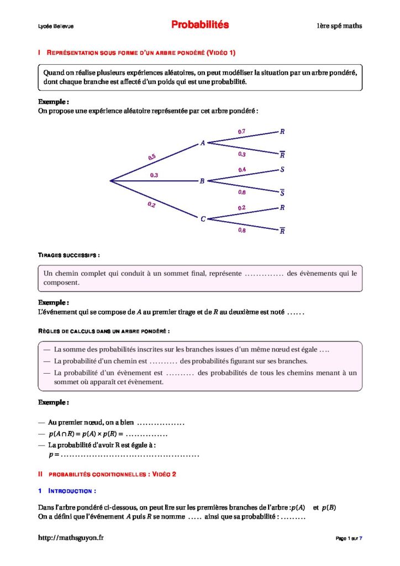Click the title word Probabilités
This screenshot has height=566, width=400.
pyautogui.click(x=199, y=25)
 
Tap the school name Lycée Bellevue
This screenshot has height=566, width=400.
pyautogui.click(x=56, y=26)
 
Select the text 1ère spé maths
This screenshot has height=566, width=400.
pyautogui.click(x=339, y=26)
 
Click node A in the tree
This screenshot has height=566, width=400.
pyautogui.click(x=203, y=143)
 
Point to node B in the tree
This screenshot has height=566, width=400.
pyautogui.click(x=202, y=181)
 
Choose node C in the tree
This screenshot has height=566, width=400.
pyautogui.click(x=203, y=219)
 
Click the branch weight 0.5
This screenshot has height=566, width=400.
pyautogui.click(x=152, y=158)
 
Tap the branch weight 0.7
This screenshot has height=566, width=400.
pyautogui.click(x=241, y=132)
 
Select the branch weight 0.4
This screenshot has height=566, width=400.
pyautogui.click(x=242, y=169)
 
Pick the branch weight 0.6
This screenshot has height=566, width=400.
pyautogui.click(x=242, y=192)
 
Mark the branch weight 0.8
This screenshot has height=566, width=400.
pyautogui.click(x=242, y=230)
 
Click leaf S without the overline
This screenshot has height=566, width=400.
pyautogui.click(x=282, y=170)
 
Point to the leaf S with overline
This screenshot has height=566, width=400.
pyautogui.click(x=282, y=193)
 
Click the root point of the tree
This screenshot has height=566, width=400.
pyautogui.click(x=110, y=181)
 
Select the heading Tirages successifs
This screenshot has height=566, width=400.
pyautogui.click(x=69, y=255)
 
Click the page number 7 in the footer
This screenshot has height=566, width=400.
pyautogui.click(x=361, y=538)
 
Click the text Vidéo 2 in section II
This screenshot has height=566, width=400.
pyautogui.click(x=164, y=474)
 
